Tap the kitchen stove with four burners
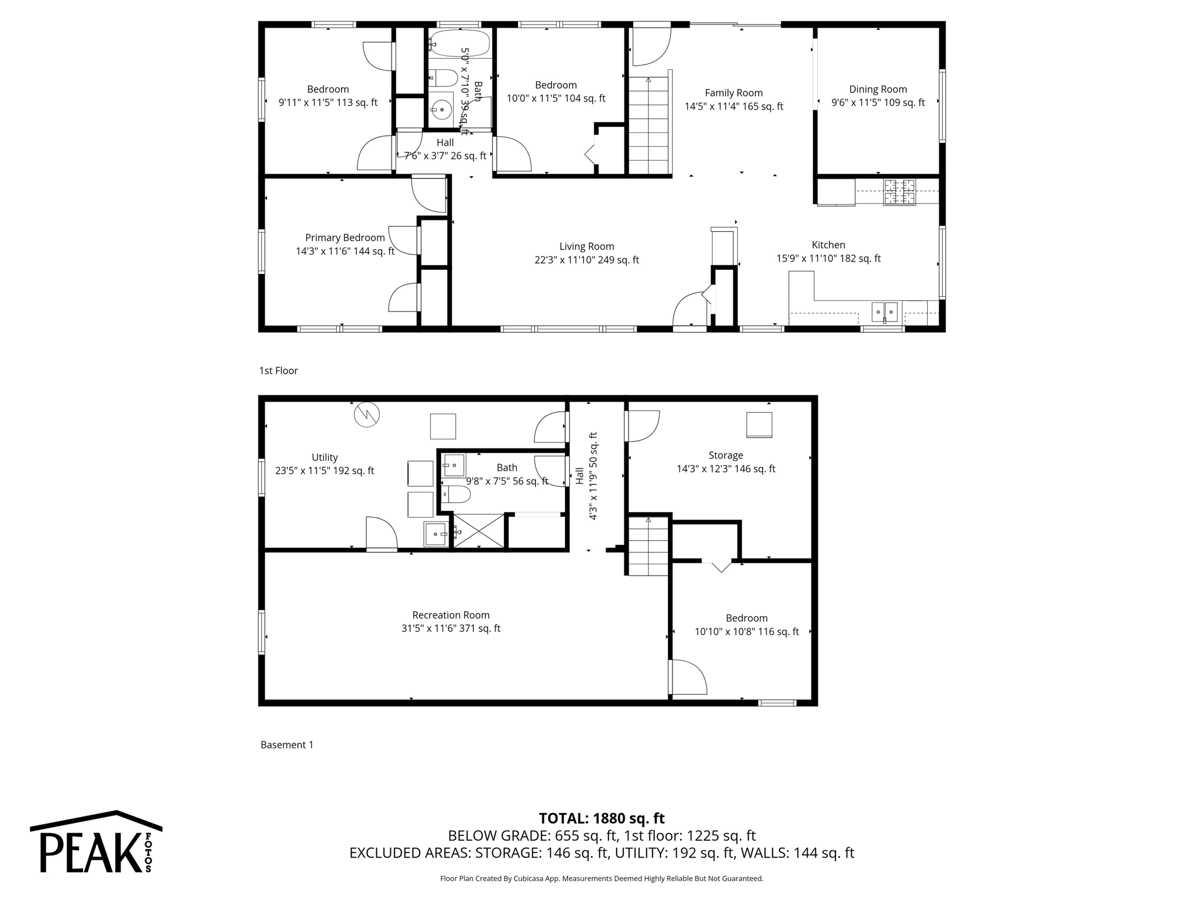(899, 192)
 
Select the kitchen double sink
(884, 311)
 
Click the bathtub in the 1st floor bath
(459, 43)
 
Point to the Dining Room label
(878, 89)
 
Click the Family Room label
(734, 93)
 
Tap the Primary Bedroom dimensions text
(345, 252)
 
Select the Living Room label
(587, 247)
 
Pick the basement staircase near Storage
(648, 546)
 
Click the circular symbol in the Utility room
(367, 414)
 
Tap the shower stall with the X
(479, 531)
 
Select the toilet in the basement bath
(456, 495)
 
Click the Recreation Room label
(451, 615)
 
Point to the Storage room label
(725, 456)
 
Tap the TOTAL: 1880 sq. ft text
(601, 818)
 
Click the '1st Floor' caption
(279, 371)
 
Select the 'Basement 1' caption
(287, 745)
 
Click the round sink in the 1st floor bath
(440, 109)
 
